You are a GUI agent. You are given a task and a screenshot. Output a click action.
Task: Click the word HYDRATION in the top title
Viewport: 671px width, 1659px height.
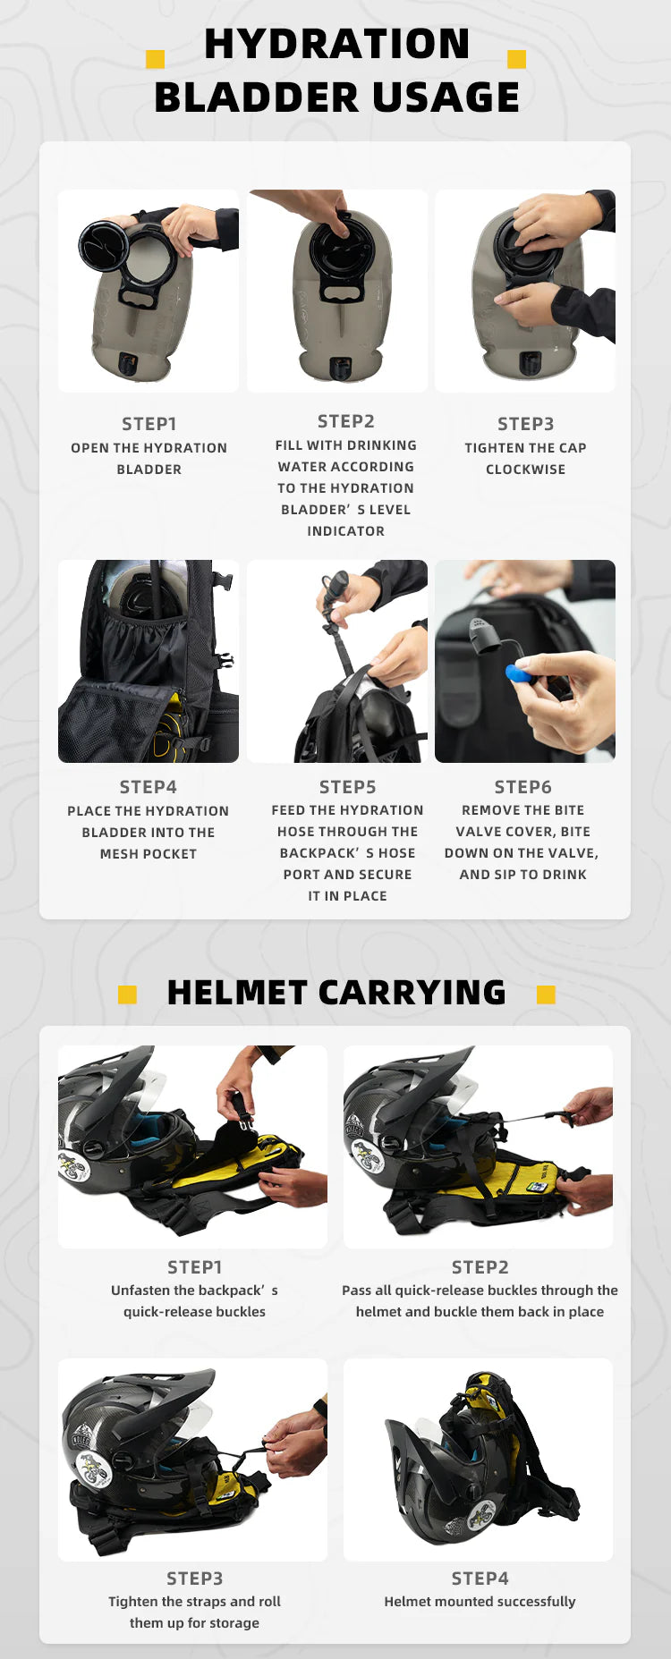tap(336, 44)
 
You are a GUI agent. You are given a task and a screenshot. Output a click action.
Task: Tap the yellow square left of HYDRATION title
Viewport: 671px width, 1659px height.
tap(155, 59)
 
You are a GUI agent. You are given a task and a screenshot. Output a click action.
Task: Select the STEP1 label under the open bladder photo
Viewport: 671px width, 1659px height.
tap(149, 424)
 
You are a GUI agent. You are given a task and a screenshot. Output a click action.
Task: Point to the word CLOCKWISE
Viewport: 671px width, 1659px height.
tap(525, 470)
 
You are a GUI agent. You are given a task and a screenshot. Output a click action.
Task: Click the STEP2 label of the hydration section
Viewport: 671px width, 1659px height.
tap(346, 421)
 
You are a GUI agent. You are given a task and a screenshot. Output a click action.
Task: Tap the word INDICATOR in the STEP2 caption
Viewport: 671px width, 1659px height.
tap(346, 531)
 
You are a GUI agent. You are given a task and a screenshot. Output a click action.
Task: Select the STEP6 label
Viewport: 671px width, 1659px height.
tap(523, 787)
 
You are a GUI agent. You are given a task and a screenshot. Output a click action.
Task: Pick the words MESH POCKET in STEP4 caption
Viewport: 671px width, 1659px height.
tap(149, 854)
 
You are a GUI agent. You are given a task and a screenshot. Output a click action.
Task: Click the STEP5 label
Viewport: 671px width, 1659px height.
tap(348, 787)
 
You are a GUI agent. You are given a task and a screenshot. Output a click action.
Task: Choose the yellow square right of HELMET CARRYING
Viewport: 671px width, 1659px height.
tap(546, 995)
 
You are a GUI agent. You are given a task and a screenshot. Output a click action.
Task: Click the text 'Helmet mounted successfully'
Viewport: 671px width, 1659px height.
tap(480, 1602)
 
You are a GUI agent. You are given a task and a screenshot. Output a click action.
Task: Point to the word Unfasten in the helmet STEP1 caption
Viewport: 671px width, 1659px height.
tap(140, 1291)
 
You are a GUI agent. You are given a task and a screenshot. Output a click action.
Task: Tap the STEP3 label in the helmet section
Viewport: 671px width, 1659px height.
tap(195, 1579)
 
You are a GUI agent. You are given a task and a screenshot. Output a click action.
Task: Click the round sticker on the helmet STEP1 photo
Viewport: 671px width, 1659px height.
tap(73, 1166)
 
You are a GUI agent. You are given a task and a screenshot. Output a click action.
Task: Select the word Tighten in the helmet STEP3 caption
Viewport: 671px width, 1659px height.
tap(133, 1602)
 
